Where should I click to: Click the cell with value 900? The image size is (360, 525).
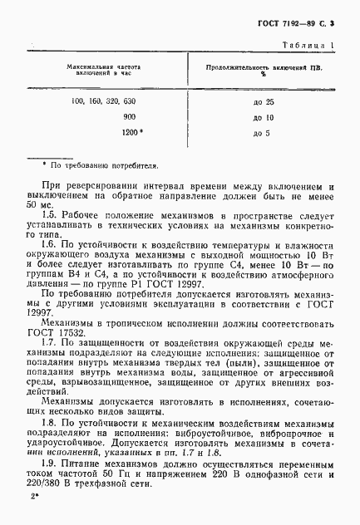(129, 117)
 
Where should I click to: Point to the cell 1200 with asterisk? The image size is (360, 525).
(131, 132)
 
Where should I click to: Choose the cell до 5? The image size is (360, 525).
(260, 132)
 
